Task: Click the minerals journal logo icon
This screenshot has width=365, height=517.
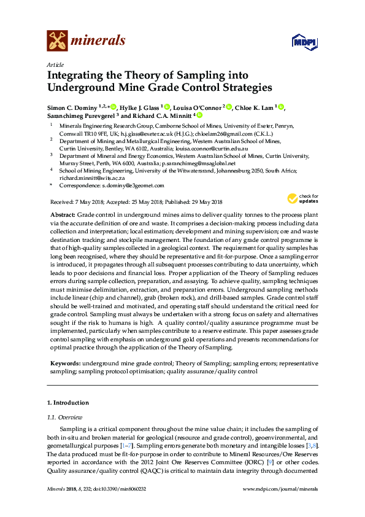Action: [x=57, y=41]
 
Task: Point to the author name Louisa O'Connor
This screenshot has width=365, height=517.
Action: [x=199, y=107]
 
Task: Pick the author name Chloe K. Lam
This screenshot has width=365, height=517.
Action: [x=254, y=107]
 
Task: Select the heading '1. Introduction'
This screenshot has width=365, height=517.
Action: [x=68, y=403]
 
